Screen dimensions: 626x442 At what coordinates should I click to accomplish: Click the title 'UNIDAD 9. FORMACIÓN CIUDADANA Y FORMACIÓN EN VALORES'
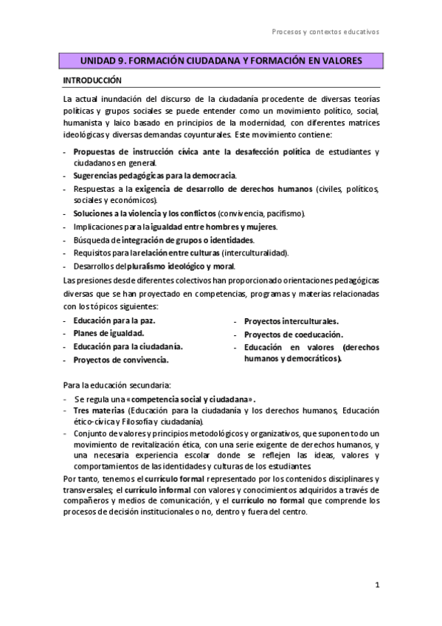221,62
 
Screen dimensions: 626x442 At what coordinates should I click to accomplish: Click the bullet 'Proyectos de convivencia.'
121,360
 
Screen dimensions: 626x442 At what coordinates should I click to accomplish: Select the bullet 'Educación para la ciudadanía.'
128,346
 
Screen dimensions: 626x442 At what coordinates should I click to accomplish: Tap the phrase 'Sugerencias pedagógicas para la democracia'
154,175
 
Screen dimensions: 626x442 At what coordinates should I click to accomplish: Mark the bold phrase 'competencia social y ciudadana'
195,399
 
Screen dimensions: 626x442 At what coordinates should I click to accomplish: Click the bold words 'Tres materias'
99,411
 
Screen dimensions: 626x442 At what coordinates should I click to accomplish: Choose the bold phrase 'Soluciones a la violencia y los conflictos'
144,213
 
